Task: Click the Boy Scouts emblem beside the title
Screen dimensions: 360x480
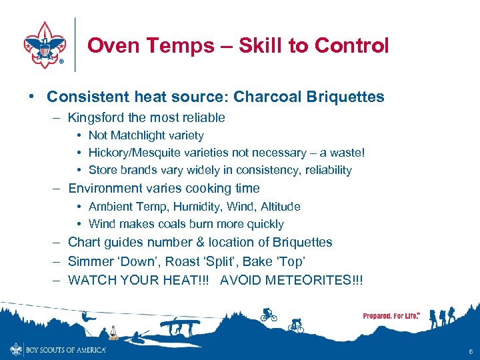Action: click(x=45, y=44)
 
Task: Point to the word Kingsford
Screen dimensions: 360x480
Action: click(x=97, y=118)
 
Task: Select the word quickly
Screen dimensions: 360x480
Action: click(x=263, y=224)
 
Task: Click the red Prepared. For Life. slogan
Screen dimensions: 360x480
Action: click(x=391, y=315)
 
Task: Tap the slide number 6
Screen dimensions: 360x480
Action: click(x=471, y=352)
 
